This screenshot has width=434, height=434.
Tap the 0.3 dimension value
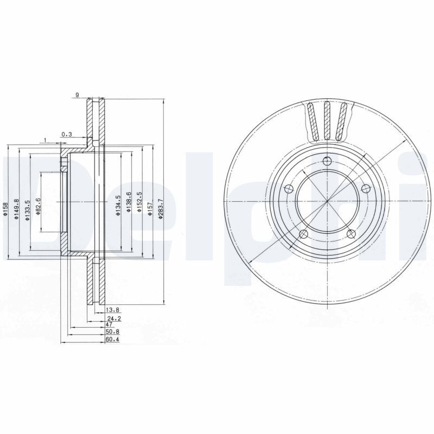tap(67, 134)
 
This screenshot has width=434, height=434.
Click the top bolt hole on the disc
tap(327, 161)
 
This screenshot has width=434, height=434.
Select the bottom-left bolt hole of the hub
tap(304, 234)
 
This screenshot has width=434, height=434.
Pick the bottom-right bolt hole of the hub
tap(351, 234)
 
